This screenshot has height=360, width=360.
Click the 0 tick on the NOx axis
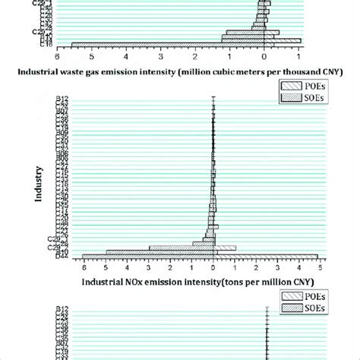(x=213, y=267)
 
